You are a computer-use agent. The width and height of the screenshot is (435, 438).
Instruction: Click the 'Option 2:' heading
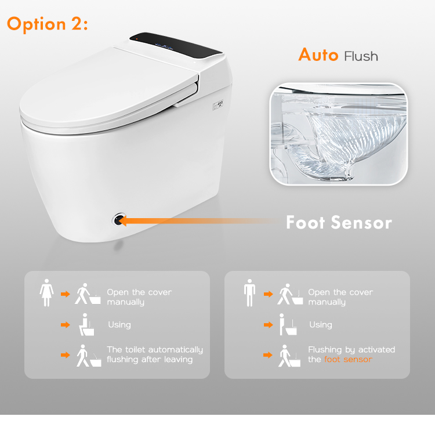(48, 24)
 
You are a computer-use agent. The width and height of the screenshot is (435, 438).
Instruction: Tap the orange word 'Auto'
(318, 55)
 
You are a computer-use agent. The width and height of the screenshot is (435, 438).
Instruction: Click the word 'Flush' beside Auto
(361, 56)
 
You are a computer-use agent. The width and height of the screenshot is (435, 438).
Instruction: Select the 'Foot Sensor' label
(339, 223)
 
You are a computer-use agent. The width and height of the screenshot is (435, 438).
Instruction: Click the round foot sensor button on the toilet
(118, 219)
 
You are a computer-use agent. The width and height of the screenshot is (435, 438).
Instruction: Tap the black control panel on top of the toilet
(175, 45)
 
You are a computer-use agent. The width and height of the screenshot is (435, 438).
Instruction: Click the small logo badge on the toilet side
(218, 106)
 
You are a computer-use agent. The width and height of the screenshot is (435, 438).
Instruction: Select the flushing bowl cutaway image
(338, 134)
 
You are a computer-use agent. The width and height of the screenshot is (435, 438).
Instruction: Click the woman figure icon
(46, 293)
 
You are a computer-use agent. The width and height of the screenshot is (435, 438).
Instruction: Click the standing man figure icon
(249, 293)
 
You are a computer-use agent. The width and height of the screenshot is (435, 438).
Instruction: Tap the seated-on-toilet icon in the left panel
(86, 325)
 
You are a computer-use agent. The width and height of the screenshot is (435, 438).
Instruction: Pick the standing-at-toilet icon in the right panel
(288, 325)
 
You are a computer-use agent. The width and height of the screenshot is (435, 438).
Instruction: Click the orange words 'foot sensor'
(348, 359)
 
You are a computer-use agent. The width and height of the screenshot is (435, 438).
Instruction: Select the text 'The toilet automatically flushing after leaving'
(155, 354)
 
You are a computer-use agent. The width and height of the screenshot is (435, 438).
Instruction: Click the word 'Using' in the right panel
(321, 325)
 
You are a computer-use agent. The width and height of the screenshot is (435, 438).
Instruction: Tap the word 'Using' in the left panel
(119, 325)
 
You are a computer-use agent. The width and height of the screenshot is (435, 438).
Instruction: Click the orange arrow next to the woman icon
(66, 294)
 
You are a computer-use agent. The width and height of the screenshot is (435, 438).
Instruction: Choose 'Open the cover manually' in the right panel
(340, 297)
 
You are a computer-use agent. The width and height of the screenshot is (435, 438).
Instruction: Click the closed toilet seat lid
(109, 89)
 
